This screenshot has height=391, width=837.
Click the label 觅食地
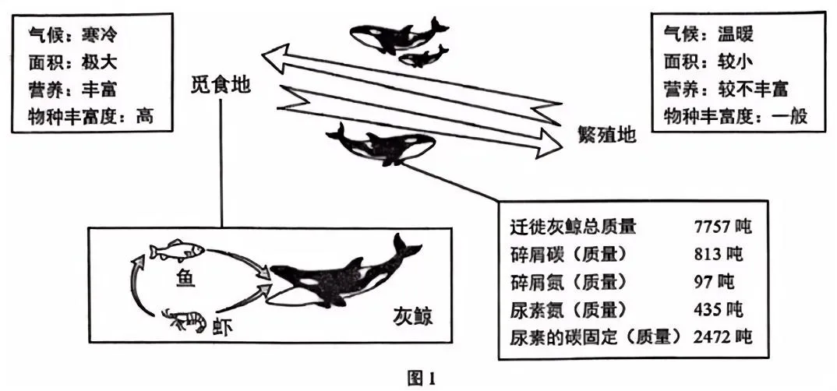click(222, 86)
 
